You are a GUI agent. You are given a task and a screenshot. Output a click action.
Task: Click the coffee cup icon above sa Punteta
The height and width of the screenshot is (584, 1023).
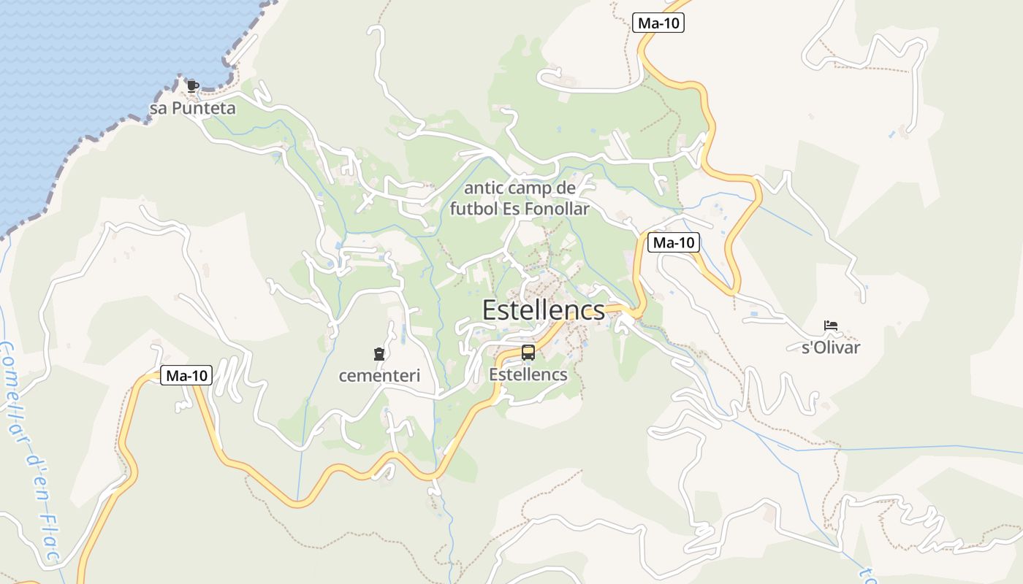pyautogui.click(x=192, y=86)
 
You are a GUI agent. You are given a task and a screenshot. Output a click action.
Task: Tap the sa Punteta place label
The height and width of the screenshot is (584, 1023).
pyautogui.click(x=193, y=109)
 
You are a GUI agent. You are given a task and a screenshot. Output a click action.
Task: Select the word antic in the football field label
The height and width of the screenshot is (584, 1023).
pyautogui.click(x=484, y=188)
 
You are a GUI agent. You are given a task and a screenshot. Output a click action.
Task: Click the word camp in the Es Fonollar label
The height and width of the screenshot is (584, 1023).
pyautogui.click(x=531, y=188)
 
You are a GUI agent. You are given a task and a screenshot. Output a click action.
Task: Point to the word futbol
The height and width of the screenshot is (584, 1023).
pyautogui.click(x=474, y=209)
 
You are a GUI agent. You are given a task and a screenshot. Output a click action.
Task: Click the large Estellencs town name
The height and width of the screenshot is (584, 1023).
pyautogui.click(x=544, y=310)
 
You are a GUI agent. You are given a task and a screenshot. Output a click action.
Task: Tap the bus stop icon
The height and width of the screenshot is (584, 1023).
pyautogui.click(x=528, y=353)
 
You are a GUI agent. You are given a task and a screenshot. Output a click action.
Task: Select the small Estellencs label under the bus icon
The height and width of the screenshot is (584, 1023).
pyautogui.click(x=528, y=374)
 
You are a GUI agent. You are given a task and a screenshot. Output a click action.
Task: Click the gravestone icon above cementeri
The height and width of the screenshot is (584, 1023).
pyautogui.click(x=379, y=355)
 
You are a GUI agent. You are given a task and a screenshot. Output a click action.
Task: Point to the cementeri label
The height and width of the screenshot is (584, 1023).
pyautogui.click(x=379, y=376)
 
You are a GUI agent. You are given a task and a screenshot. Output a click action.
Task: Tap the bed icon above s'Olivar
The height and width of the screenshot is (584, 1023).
pyautogui.click(x=830, y=326)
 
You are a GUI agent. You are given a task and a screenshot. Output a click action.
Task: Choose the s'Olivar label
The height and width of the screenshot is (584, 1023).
pyautogui.click(x=831, y=347)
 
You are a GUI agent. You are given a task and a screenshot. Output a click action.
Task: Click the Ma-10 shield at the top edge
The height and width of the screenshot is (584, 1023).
pyautogui.click(x=658, y=23)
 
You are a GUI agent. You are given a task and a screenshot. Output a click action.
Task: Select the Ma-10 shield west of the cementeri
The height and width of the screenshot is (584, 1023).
pyautogui.click(x=186, y=376)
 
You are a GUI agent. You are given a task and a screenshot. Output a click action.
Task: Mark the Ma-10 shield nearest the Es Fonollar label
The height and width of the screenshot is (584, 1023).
pyautogui.click(x=673, y=242)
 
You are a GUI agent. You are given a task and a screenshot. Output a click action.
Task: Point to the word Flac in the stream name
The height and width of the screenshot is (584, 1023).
pyautogui.click(x=50, y=537)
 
